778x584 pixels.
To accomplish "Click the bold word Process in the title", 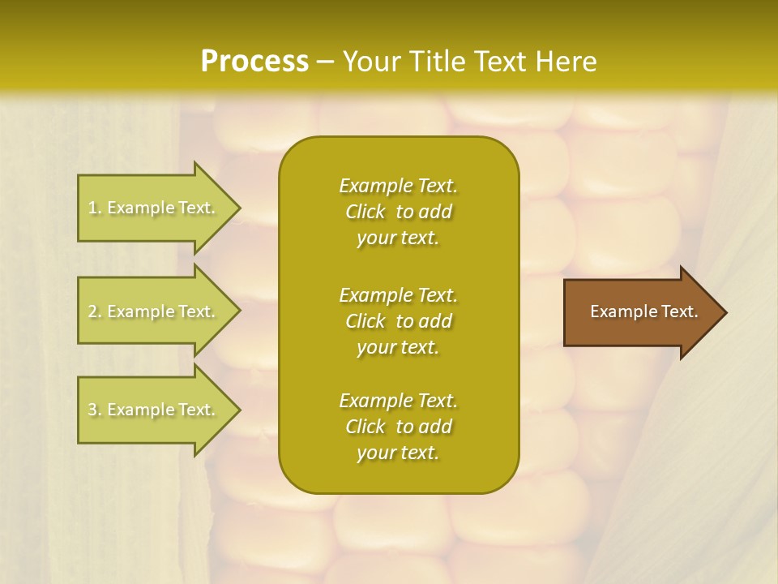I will [x=254, y=61].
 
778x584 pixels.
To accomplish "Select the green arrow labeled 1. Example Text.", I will [x=154, y=208].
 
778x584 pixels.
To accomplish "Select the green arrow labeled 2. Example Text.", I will [x=154, y=311].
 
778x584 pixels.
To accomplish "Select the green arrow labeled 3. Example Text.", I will [x=154, y=410].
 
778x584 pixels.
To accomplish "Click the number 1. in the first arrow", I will [x=95, y=208].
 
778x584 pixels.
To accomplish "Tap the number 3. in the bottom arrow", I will [x=95, y=410].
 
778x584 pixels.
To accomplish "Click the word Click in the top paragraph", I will [x=365, y=213].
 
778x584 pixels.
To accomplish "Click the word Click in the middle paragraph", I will [x=365, y=321].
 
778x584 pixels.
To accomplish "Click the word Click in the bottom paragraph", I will [x=365, y=427].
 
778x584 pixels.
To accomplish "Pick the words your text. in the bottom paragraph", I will [x=398, y=453].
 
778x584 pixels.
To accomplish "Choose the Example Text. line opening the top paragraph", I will [x=398, y=186].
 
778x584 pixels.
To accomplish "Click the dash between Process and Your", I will [x=325, y=62].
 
